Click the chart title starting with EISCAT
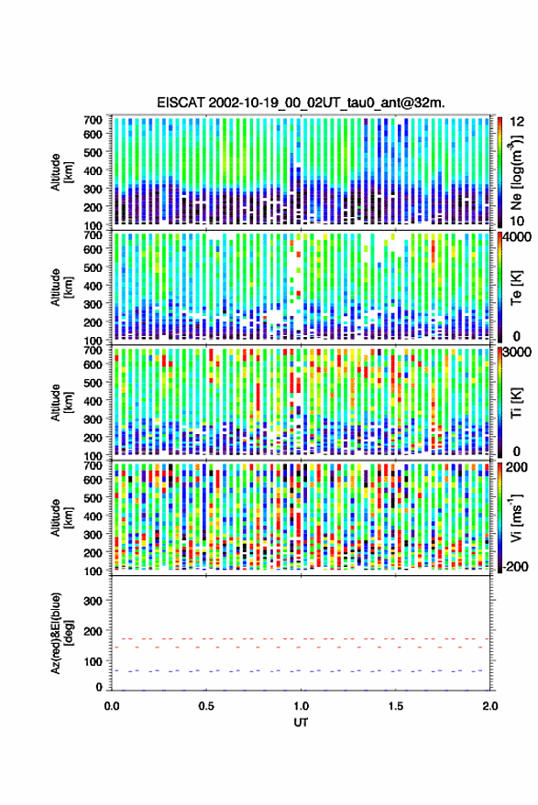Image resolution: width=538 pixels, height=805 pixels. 301,103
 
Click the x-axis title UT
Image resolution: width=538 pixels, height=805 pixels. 301,723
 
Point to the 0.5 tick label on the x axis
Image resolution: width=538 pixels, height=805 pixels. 206,706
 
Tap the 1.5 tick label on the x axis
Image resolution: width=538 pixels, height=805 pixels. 395,706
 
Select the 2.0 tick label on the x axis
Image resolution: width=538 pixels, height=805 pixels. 489,706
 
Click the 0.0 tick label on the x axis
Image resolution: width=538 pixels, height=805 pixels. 112,706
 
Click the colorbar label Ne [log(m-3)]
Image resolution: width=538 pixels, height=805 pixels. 515,171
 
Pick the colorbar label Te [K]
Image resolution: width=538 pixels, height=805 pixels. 516,287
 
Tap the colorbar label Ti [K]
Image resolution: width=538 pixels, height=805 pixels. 516,402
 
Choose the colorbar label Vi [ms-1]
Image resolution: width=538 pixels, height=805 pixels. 515,517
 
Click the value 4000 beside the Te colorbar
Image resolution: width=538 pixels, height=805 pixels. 518,238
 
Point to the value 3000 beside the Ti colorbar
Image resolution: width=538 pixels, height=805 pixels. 518,353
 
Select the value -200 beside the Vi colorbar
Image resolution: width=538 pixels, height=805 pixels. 515,567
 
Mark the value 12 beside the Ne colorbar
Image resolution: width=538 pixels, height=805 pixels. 518,122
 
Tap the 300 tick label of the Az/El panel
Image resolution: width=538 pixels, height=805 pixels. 93,601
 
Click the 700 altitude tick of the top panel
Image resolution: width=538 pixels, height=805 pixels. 93,120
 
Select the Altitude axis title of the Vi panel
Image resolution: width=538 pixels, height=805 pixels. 61,517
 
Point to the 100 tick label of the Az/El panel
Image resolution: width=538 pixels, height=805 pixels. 93,661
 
